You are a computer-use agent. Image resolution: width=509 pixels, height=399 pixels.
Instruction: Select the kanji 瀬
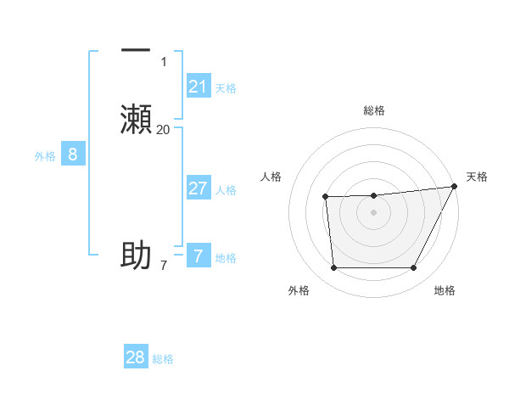(x=136, y=119)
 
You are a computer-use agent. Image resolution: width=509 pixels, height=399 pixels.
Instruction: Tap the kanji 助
(x=136, y=255)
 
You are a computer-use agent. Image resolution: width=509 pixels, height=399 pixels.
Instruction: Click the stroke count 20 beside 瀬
(x=163, y=129)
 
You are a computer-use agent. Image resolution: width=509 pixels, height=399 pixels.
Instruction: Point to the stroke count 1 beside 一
(x=163, y=62)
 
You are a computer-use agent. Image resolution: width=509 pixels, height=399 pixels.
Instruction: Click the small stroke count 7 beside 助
(x=163, y=266)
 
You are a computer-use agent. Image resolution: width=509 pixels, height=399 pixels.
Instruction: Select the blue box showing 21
(x=198, y=87)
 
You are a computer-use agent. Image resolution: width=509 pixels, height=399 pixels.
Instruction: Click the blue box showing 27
(x=198, y=188)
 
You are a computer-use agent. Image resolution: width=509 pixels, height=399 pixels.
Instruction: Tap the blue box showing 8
(x=73, y=155)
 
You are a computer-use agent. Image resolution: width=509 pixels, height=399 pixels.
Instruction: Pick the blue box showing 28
(x=136, y=357)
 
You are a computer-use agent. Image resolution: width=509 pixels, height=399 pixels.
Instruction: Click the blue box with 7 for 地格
(x=198, y=256)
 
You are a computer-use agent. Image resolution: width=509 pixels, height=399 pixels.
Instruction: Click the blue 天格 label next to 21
(x=226, y=88)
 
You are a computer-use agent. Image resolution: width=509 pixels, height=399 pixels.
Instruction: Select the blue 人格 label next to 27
(x=226, y=190)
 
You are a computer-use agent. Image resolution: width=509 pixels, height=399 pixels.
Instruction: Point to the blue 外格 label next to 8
(x=45, y=156)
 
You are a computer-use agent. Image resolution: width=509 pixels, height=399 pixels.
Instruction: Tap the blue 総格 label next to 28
(x=163, y=359)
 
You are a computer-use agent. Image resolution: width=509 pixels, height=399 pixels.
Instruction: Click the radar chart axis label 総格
(x=373, y=110)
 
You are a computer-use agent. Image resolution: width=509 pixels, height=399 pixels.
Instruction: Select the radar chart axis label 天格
(x=477, y=177)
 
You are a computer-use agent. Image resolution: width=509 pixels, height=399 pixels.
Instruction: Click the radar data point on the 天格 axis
(x=454, y=187)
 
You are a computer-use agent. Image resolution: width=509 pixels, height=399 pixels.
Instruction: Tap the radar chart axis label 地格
(x=445, y=290)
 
